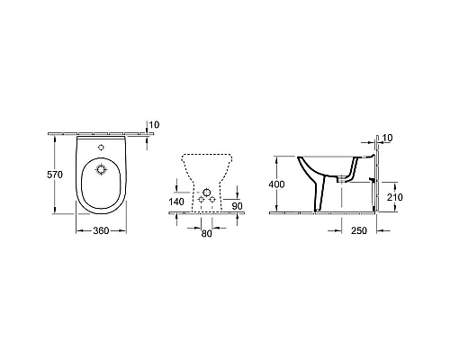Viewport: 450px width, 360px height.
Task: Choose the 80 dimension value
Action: click(208, 232)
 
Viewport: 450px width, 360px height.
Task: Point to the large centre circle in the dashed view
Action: click(208, 194)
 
